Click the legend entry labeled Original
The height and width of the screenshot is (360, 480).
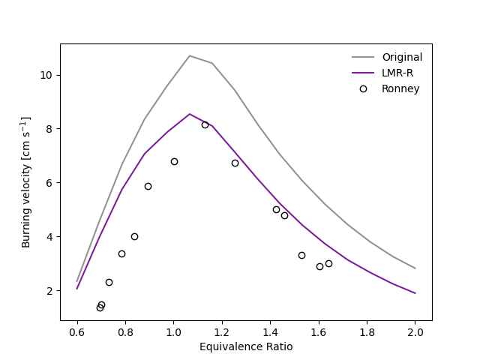pos(402,57)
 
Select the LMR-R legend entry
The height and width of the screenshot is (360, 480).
pos(397,73)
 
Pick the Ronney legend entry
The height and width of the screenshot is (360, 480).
pos(400,88)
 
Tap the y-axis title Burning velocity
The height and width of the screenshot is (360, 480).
pos(26,181)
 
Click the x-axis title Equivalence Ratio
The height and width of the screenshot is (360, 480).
pos(246,346)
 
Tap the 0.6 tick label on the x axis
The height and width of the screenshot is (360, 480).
pos(77,331)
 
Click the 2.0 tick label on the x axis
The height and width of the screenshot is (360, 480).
pos(415,331)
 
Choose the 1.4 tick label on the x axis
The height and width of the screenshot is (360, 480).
pos(319,331)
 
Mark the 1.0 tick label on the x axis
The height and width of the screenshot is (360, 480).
pos(173,331)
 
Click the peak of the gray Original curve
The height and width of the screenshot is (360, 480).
pos(190,55)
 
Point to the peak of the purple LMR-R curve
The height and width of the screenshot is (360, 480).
pos(190,114)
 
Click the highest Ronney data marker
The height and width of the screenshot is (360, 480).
pos(205,124)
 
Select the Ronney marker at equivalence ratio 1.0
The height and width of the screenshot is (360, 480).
pos(174,161)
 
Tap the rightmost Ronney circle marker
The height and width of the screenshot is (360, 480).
pos(328,263)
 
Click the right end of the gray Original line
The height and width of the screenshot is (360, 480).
pos(415,268)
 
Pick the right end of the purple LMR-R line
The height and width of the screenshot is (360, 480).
pos(415,293)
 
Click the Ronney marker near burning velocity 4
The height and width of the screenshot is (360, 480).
pos(134,236)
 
